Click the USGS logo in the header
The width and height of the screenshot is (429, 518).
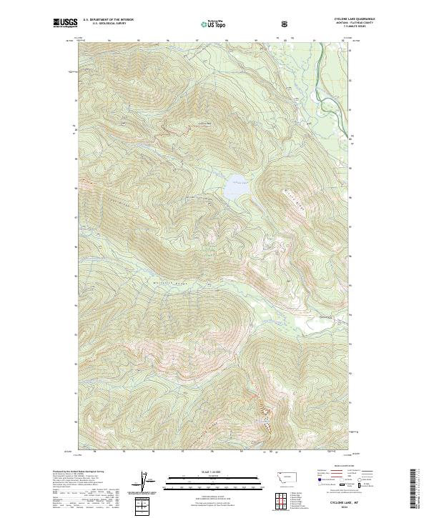click(x=65, y=24)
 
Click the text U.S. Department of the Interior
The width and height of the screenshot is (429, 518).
click(x=108, y=20)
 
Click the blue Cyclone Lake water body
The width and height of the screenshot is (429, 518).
click(x=235, y=189)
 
